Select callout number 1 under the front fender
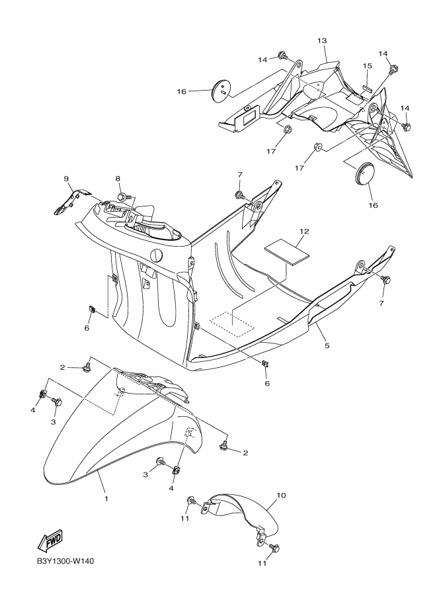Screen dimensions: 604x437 [106, 497]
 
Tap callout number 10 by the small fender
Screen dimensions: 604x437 [280, 495]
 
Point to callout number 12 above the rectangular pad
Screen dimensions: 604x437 [303, 232]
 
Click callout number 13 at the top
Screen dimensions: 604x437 [322, 41]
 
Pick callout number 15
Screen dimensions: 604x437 [368, 65]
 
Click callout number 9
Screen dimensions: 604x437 [66, 179]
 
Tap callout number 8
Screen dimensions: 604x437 [118, 179]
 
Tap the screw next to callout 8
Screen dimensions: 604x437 [124, 196]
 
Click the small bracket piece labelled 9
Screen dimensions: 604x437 [67, 201]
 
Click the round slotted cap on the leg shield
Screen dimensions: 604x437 [157, 255]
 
